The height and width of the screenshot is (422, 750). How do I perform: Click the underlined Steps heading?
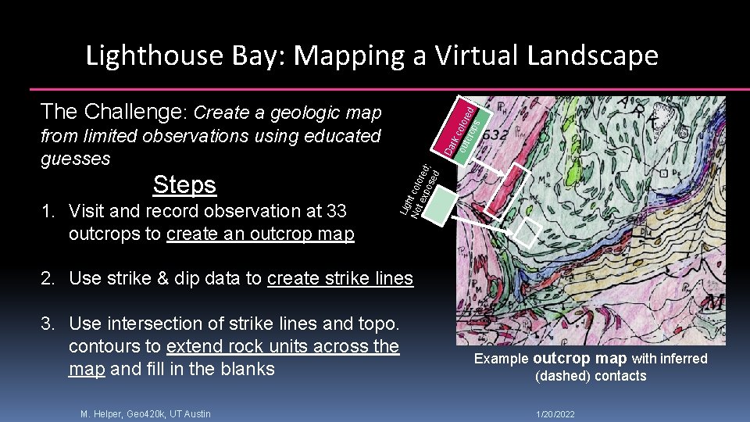tap(184, 184)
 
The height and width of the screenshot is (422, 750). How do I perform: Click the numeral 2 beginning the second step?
tap(47, 278)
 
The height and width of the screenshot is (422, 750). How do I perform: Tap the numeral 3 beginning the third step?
tap(47, 323)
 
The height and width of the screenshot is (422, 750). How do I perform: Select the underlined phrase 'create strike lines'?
tap(340, 278)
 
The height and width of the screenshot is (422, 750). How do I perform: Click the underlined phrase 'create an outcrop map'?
tap(260, 234)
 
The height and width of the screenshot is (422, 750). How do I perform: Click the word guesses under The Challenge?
tap(75, 159)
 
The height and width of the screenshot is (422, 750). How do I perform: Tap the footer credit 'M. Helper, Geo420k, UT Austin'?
tap(145, 413)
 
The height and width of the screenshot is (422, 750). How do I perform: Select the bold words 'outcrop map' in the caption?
tap(579, 359)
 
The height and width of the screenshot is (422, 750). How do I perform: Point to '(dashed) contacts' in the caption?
tap(591, 376)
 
